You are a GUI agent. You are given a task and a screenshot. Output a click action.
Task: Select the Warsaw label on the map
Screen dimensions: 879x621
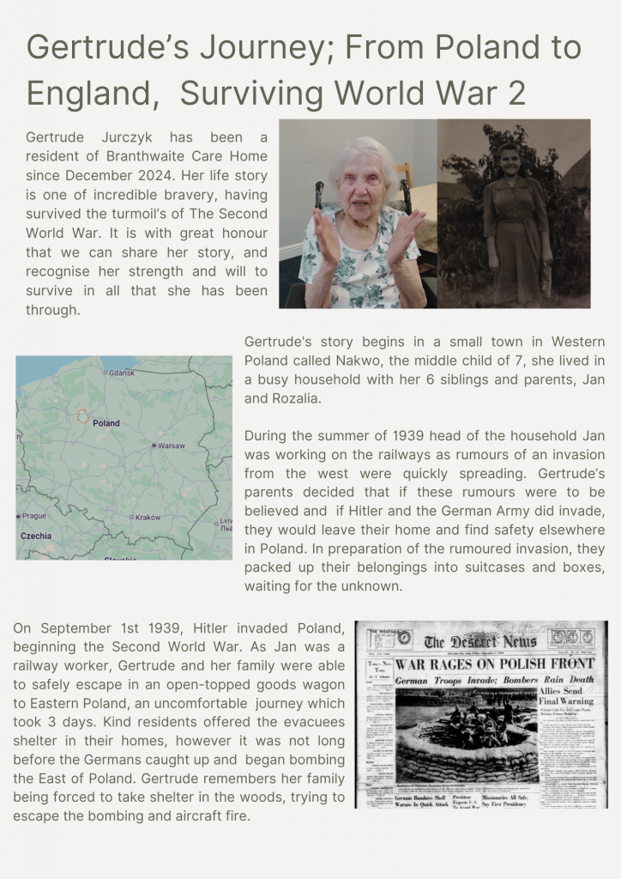pos(171,446)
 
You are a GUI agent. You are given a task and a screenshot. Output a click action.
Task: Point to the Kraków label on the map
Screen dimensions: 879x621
pos(148,518)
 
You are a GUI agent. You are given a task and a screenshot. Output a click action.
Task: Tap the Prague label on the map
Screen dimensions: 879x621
pos(33,516)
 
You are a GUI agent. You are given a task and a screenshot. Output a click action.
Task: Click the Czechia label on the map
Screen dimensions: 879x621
pos(37,536)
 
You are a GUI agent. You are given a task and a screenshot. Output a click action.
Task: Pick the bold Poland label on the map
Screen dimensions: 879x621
pos(106,423)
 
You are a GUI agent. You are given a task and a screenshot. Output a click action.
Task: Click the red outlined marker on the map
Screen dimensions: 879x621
pos(83,416)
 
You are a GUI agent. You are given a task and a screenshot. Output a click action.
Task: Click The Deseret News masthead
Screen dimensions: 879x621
pos(479,641)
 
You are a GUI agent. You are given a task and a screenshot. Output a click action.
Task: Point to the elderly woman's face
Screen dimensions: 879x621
pos(359,182)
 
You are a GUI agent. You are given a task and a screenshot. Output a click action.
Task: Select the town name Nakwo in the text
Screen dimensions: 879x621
pos(397,360)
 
